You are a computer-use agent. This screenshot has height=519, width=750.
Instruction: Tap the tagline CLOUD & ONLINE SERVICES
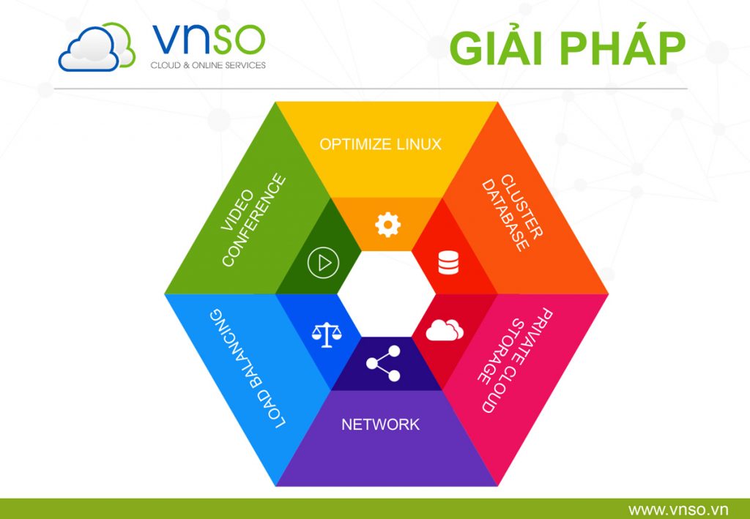pyautogui.click(x=208, y=65)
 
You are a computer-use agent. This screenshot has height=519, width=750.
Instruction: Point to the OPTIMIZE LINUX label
pyautogui.click(x=380, y=143)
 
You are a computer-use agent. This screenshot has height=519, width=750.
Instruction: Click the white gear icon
pyautogui.click(x=387, y=224)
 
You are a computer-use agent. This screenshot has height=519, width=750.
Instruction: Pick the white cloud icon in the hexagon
pyautogui.click(x=445, y=330)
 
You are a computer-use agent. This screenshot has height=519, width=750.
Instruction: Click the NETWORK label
pyautogui.click(x=380, y=425)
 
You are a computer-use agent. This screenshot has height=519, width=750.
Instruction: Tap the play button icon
pyautogui.click(x=323, y=262)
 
